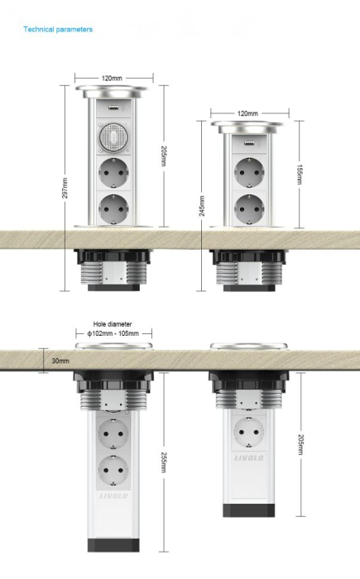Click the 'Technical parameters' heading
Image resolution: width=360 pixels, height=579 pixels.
click(57, 30)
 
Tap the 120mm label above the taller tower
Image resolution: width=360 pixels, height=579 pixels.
click(113, 77)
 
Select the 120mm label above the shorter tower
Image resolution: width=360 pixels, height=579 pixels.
click(247, 113)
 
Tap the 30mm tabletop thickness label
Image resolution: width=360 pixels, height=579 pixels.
click(60, 361)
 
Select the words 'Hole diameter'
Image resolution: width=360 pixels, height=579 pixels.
click(113, 324)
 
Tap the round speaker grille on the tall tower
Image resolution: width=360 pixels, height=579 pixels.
click(113, 136)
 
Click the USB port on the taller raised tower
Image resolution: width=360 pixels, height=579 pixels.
click(113, 108)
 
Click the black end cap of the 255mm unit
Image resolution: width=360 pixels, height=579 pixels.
click(113, 545)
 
